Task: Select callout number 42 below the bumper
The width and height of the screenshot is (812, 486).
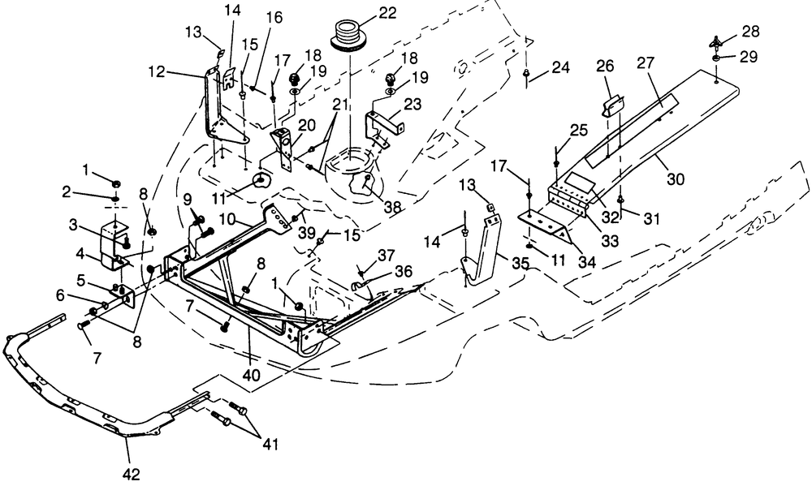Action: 130,472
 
